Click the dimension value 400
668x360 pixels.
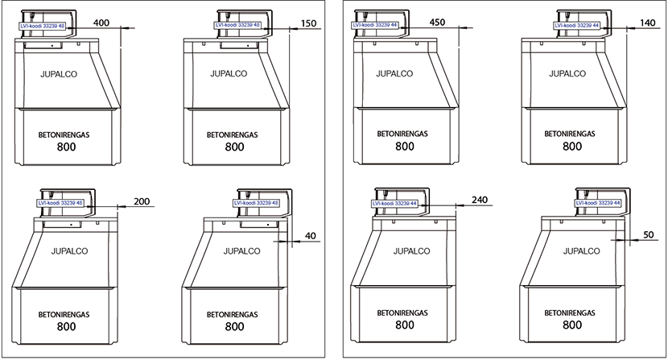[102, 23]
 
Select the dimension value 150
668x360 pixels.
[308, 23]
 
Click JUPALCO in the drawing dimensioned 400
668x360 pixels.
[58, 73]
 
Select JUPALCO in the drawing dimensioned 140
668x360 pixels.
[567, 73]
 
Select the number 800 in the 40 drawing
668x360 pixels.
[234, 327]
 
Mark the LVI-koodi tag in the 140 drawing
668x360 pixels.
[578, 26]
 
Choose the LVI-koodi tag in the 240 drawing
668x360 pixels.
[396, 204]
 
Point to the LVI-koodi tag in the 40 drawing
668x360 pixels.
[256, 203]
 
